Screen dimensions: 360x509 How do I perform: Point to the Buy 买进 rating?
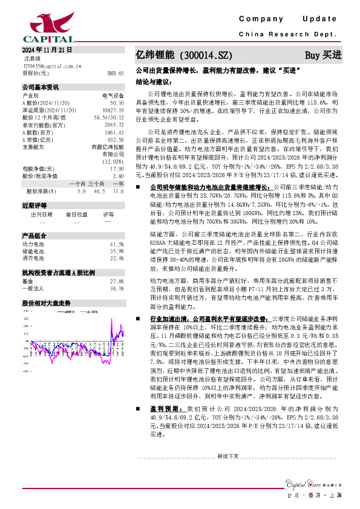point(323,54)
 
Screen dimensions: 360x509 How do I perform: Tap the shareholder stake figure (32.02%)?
point(113,161)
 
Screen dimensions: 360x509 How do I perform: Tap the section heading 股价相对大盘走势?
point(47,303)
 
